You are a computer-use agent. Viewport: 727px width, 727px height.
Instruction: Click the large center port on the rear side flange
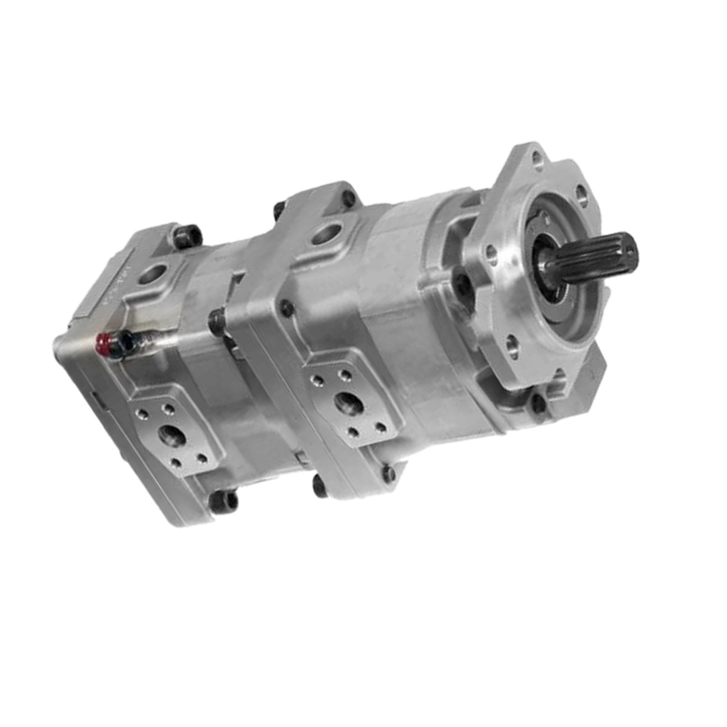168,435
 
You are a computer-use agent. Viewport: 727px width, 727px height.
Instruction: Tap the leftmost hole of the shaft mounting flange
491,254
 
